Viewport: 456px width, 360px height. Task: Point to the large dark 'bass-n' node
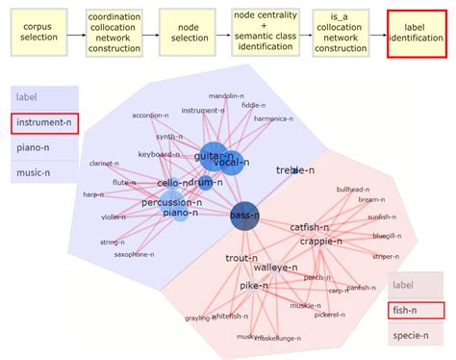pos(245,217)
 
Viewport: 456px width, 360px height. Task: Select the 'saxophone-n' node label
pos(134,254)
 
